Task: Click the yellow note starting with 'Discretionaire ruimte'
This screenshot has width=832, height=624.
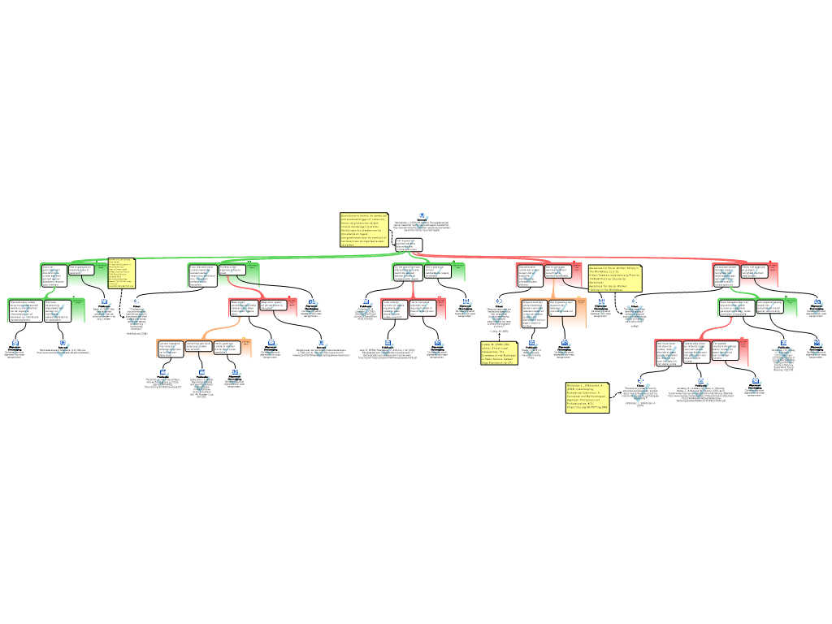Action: pos(364,230)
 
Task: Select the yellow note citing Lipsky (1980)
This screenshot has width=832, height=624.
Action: pos(499,353)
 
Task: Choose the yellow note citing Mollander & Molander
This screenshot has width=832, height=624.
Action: pos(587,397)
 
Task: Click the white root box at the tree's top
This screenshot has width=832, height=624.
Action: pos(409,245)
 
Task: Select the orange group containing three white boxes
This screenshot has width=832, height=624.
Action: pos(204,349)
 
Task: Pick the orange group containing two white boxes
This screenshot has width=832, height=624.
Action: pos(552,313)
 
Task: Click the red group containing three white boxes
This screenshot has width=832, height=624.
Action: pos(702,353)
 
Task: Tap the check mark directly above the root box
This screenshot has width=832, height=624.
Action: pos(422,223)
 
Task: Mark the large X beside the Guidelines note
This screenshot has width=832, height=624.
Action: pos(635,313)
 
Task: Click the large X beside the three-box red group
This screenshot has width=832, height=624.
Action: pos(783,355)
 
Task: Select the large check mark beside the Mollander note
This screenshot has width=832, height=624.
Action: pos(640,392)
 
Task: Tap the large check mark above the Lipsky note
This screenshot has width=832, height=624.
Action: pos(499,315)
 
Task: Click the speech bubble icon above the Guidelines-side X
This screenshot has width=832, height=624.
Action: pos(635,301)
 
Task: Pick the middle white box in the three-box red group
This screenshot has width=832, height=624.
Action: pos(696,352)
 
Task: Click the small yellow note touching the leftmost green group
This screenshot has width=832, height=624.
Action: pos(122,273)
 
